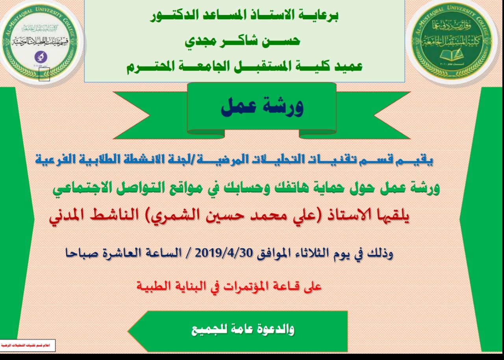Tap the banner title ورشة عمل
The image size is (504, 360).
click(x=262, y=107)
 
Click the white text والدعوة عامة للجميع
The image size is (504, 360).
click(x=243, y=330)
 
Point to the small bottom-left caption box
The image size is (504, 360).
click(x=27, y=345)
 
